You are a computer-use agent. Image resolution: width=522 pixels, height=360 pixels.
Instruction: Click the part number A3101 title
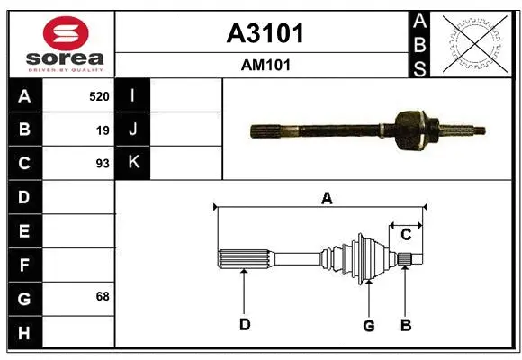264,33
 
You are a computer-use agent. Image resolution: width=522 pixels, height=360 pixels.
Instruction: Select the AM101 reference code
264,65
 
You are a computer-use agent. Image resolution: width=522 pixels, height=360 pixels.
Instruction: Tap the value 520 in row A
99,95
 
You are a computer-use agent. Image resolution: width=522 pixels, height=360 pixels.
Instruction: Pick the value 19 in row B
103,130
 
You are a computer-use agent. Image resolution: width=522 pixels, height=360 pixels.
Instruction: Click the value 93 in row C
103,164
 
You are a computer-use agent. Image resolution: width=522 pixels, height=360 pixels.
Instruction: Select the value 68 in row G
103,296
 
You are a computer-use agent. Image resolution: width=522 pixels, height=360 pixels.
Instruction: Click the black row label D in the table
24,197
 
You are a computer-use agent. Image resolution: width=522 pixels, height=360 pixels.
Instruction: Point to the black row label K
133,163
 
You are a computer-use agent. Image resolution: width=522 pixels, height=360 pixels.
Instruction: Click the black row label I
133,95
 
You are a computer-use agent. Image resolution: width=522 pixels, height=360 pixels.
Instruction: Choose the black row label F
24,265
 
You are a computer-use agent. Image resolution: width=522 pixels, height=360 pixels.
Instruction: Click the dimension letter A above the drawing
327,198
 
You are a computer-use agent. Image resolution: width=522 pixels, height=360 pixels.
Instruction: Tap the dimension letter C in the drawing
406,235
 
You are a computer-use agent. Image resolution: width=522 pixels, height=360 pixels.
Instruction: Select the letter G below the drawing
368,325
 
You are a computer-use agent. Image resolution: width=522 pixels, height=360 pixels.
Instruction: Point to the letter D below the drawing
244,325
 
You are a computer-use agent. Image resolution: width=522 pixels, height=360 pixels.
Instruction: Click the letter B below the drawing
406,325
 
